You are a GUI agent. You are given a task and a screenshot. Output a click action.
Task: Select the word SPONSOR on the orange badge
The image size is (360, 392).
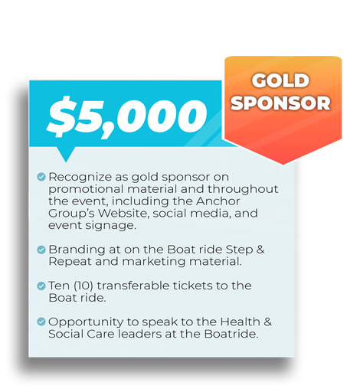[280, 103]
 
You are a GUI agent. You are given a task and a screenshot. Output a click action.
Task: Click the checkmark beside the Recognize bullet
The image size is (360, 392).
[41, 177]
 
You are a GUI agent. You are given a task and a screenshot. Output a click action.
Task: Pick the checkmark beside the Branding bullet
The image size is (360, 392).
[41, 250]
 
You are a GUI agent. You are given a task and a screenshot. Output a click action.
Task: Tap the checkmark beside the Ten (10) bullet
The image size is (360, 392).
[41, 286]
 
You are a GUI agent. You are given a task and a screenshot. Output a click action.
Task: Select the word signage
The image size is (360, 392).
[111, 227]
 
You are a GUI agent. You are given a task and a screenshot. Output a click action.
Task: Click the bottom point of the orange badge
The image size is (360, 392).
[283, 162]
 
